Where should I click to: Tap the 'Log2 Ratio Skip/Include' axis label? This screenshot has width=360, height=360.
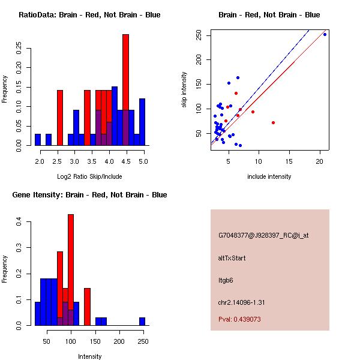(89, 176)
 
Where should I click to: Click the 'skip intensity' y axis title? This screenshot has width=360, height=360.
(184, 90)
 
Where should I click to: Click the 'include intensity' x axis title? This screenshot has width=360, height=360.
(269, 176)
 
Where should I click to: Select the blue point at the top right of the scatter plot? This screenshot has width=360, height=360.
(325, 34)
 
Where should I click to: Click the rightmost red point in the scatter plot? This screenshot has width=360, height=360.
(273, 122)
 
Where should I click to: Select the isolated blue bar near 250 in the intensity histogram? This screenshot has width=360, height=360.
(142, 322)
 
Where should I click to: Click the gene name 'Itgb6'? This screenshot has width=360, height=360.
(224, 280)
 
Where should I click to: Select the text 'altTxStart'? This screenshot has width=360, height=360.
(232, 258)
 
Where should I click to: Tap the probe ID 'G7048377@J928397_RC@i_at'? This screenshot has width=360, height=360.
(263, 236)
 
